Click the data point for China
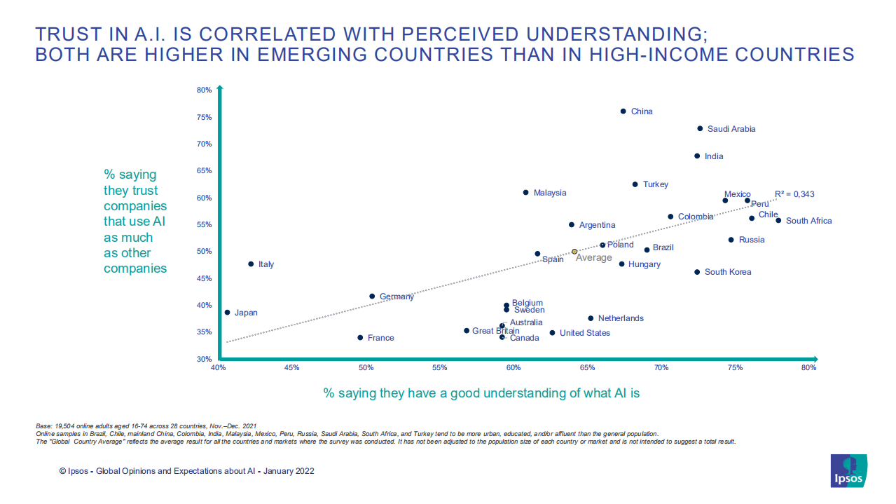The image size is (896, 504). pyautogui.click(x=623, y=111)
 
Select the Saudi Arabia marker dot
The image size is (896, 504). pyautogui.click(x=700, y=129)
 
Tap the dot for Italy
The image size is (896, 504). pyautogui.click(x=251, y=264)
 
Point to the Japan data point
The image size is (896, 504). pyautogui.click(x=227, y=313)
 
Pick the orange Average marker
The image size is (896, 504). pyautogui.click(x=574, y=251)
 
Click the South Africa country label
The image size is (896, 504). pyautogui.click(x=808, y=221)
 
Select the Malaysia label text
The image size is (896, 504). pyautogui.click(x=550, y=193)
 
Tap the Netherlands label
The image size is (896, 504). pyautogui.click(x=621, y=318)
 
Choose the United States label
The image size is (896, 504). pyautogui.click(x=584, y=333)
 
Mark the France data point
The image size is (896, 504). pyautogui.click(x=360, y=338)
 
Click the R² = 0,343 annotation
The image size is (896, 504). pyautogui.click(x=794, y=194)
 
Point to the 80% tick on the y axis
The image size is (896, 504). pyautogui.click(x=204, y=90)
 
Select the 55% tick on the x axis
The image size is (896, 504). pyautogui.click(x=439, y=368)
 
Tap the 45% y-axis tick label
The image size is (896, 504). pyautogui.click(x=204, y=278)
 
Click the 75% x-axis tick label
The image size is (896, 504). pyautogui.click(x=735, y=368)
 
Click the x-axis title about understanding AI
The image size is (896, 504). pyautogui.click(x=481, y=393)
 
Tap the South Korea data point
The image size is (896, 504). pyautogui.click(x=697, y=272)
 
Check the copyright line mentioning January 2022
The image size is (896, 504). pyautogui.click(x=186, y=471)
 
